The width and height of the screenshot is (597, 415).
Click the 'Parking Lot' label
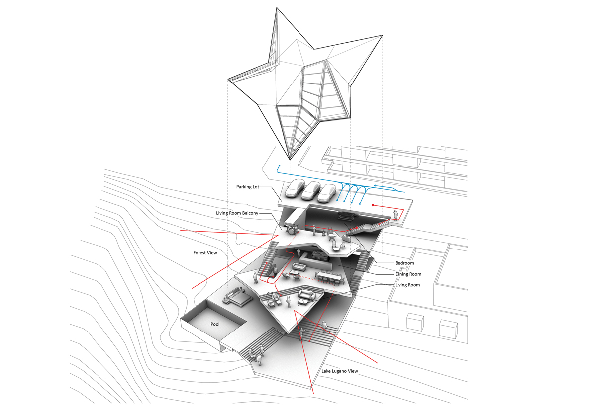click(248, 187)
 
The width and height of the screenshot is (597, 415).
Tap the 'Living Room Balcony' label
click(237, 213)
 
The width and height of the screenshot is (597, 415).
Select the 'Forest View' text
click(205, 253)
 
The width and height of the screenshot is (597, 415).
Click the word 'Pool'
click(215, 324)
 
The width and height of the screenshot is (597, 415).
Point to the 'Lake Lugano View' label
click(339, 371)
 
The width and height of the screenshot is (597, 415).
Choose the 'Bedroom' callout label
click(404, 263)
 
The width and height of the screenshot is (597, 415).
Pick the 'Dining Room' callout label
click(408, 274)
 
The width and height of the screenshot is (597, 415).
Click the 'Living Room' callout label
click(407, 285)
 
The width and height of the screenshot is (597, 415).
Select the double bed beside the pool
click(237, 298)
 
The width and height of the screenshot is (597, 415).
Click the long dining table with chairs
click(330, 278)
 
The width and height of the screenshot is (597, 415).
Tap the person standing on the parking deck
click(395, 215)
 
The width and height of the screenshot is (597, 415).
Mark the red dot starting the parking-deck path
click(373, 205)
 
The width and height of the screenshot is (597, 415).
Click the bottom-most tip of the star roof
click(290, 160)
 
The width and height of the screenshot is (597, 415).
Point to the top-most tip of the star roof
click(277, 8)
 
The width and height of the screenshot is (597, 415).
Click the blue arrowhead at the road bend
click(279, 166)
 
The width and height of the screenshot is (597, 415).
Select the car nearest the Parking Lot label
click(295, 188)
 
